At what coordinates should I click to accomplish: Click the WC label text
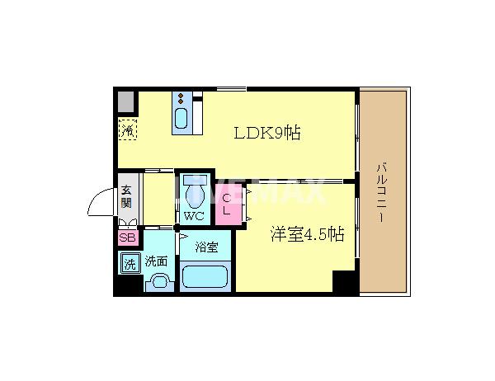[x=193, y=216]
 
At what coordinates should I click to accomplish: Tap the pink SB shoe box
[x=127, y=238]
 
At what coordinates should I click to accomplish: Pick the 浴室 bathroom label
[x=206, y=247]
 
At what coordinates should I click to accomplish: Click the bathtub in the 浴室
[x=205, y=275]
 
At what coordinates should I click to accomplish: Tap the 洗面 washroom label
[x=156, y=261]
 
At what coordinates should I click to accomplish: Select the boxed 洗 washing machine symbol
[x=130, y=264]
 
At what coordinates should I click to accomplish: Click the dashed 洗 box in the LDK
[x=128, y=129]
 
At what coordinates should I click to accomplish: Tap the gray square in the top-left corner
[x=126, y=102]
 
